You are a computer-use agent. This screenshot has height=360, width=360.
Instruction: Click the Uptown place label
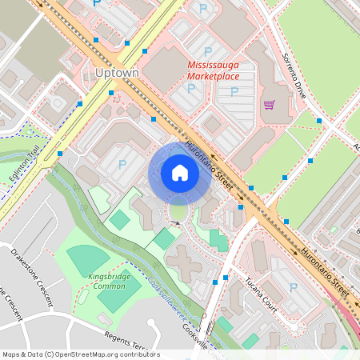(x=117, y=73)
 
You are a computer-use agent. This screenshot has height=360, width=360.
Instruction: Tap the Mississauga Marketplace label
(x=213, y=70)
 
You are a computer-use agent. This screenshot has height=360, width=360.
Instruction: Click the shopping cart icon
(x=269, y=105)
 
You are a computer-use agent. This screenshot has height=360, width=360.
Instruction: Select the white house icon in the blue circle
(x=180, y=172)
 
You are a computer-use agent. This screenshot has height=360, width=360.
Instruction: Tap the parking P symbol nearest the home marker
(x=122, y=164)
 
